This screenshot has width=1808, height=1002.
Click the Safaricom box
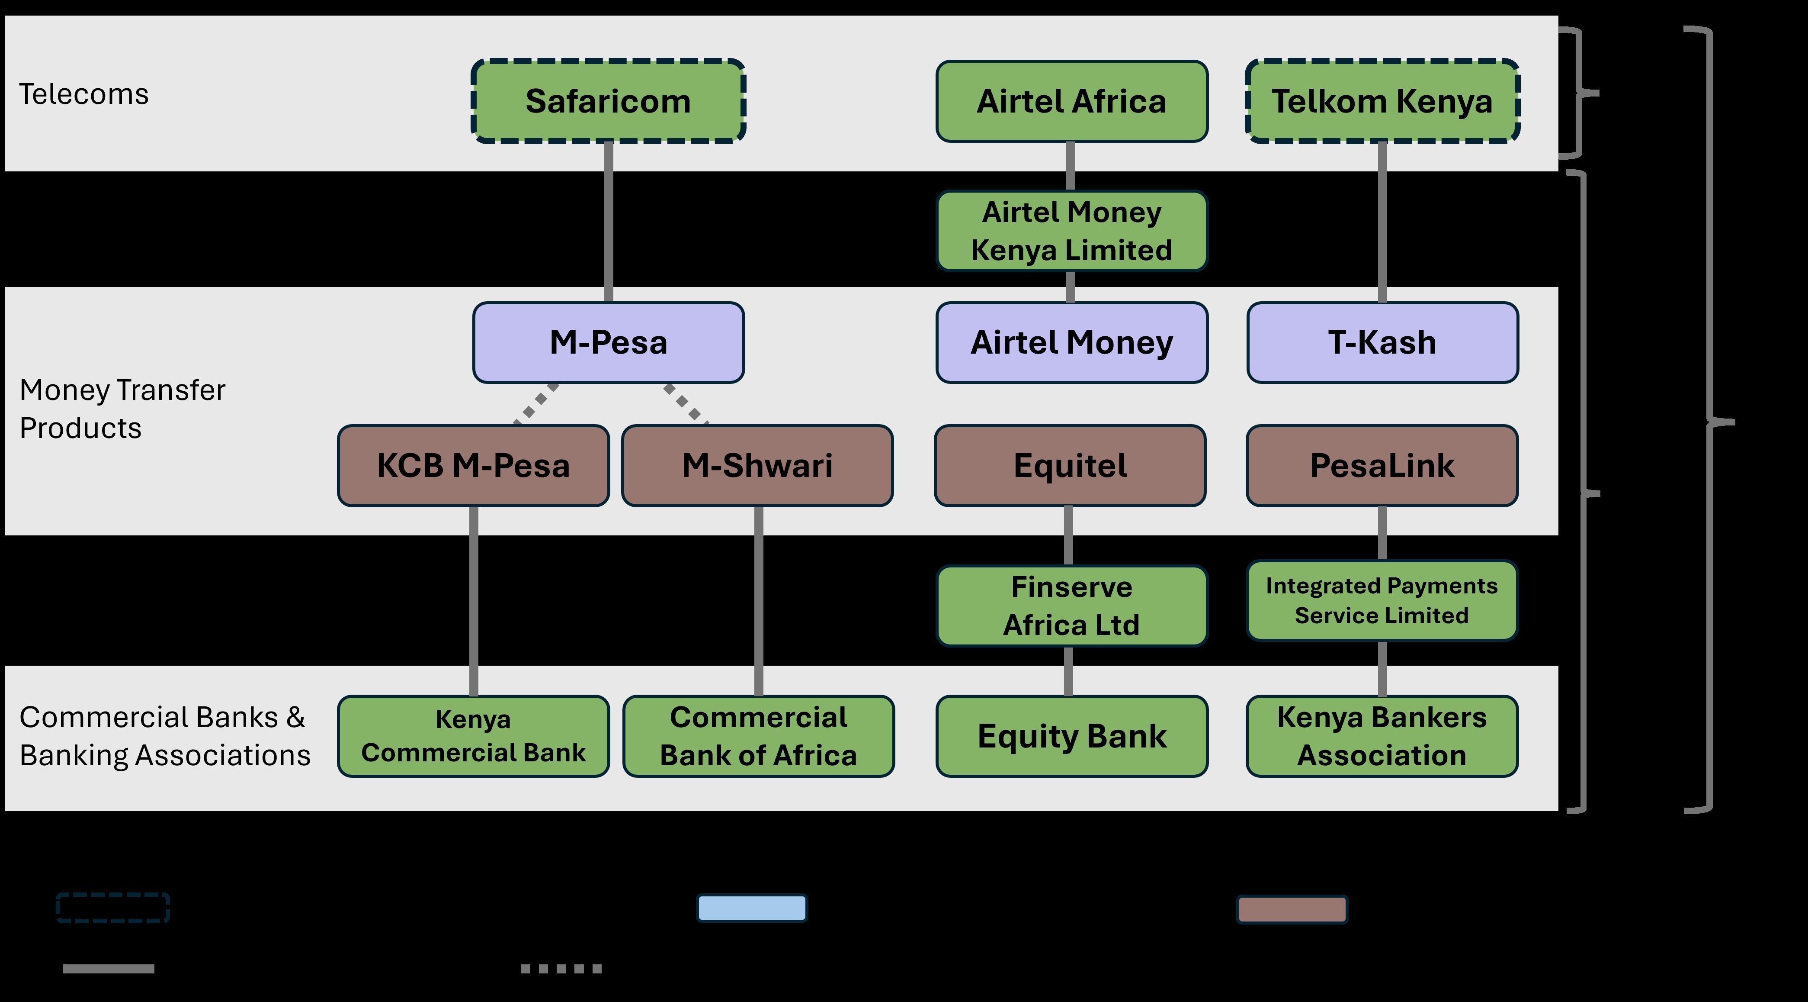(x=608, y=101)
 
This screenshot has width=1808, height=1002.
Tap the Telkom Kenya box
(x=1382, y=101)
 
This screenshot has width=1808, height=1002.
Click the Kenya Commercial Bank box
(x=473, y=736)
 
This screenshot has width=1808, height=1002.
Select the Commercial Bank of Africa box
(x=758, y=736)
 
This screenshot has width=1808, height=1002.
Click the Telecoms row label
(x=83, y=94)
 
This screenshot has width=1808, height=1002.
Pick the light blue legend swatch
(x=752, y=908)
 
